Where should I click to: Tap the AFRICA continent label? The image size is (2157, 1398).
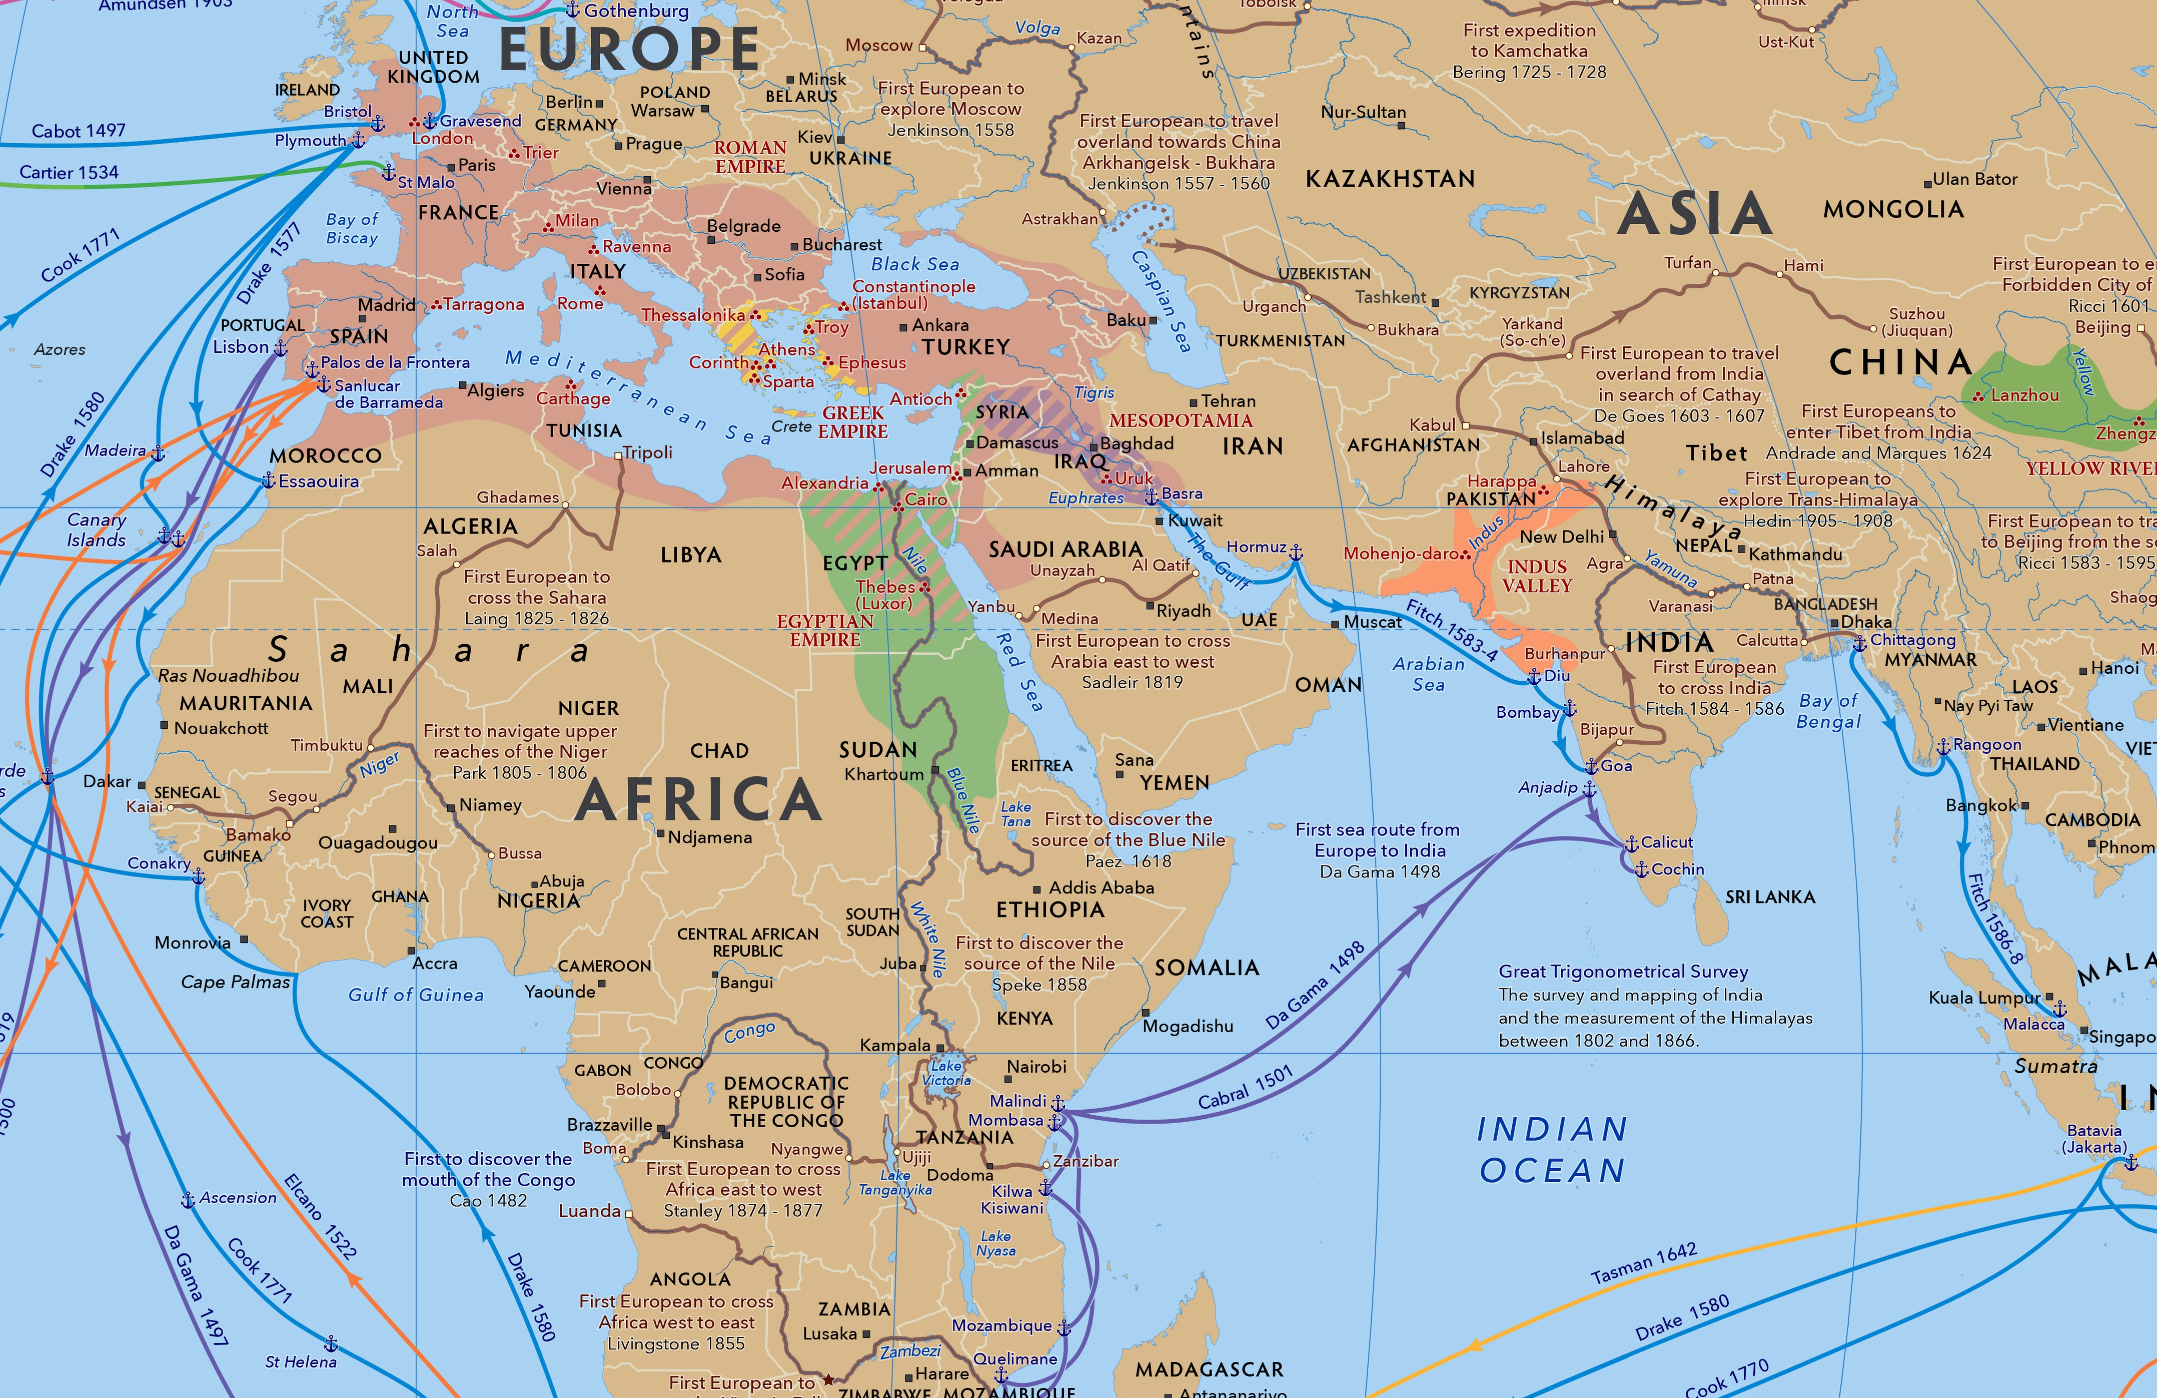(698, 800)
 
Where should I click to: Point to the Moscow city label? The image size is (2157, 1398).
(878, 46)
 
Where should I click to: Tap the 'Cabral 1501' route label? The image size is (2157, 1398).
(1245, 1088)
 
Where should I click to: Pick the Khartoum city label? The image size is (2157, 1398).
(883, 774)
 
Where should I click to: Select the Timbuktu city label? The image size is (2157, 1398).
(326, 745)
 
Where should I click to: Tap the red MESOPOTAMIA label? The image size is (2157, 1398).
(1180, 420)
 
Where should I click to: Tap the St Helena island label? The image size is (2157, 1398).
(300, 1362)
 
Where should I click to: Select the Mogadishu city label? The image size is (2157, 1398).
(1187, 1026)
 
